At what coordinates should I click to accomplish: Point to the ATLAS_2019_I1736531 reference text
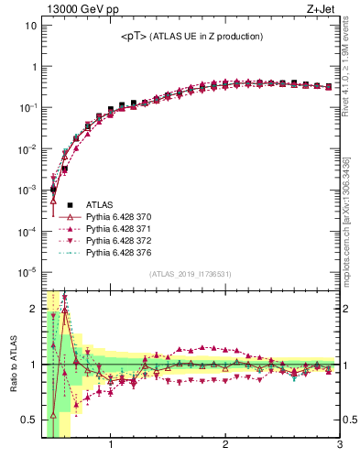coord(191,274)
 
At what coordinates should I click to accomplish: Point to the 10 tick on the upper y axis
coord(30,26)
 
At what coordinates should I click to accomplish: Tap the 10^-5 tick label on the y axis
coord(27,272)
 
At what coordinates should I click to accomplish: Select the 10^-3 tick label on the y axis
coord(27,190)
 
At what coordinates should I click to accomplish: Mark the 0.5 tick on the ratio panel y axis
coord(29,420)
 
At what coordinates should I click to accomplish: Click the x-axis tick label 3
coord(339,448)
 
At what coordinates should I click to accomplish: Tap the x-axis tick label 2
coord(225,448)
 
